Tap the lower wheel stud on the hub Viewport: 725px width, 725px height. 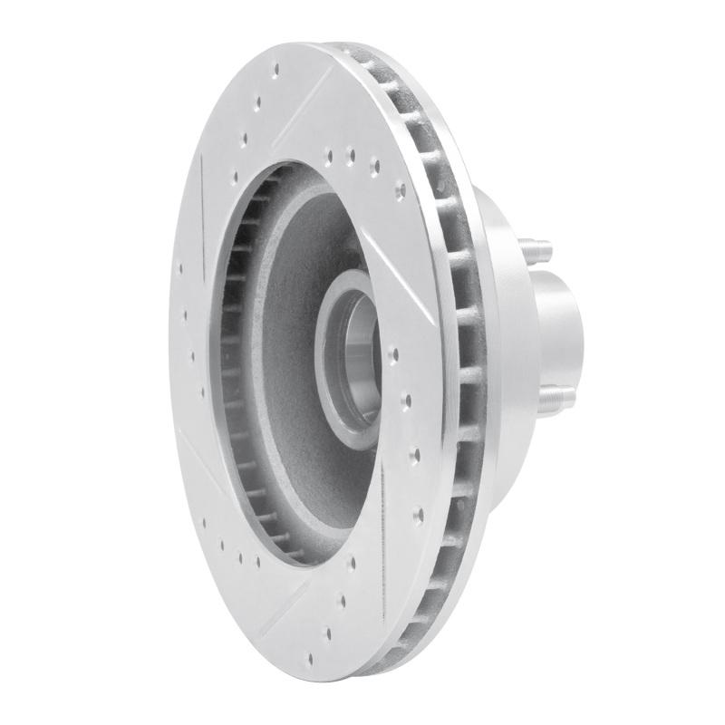[561, 395]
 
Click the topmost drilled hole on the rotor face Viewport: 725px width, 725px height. [257, 101]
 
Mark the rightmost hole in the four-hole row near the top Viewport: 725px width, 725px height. [400, 191]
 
